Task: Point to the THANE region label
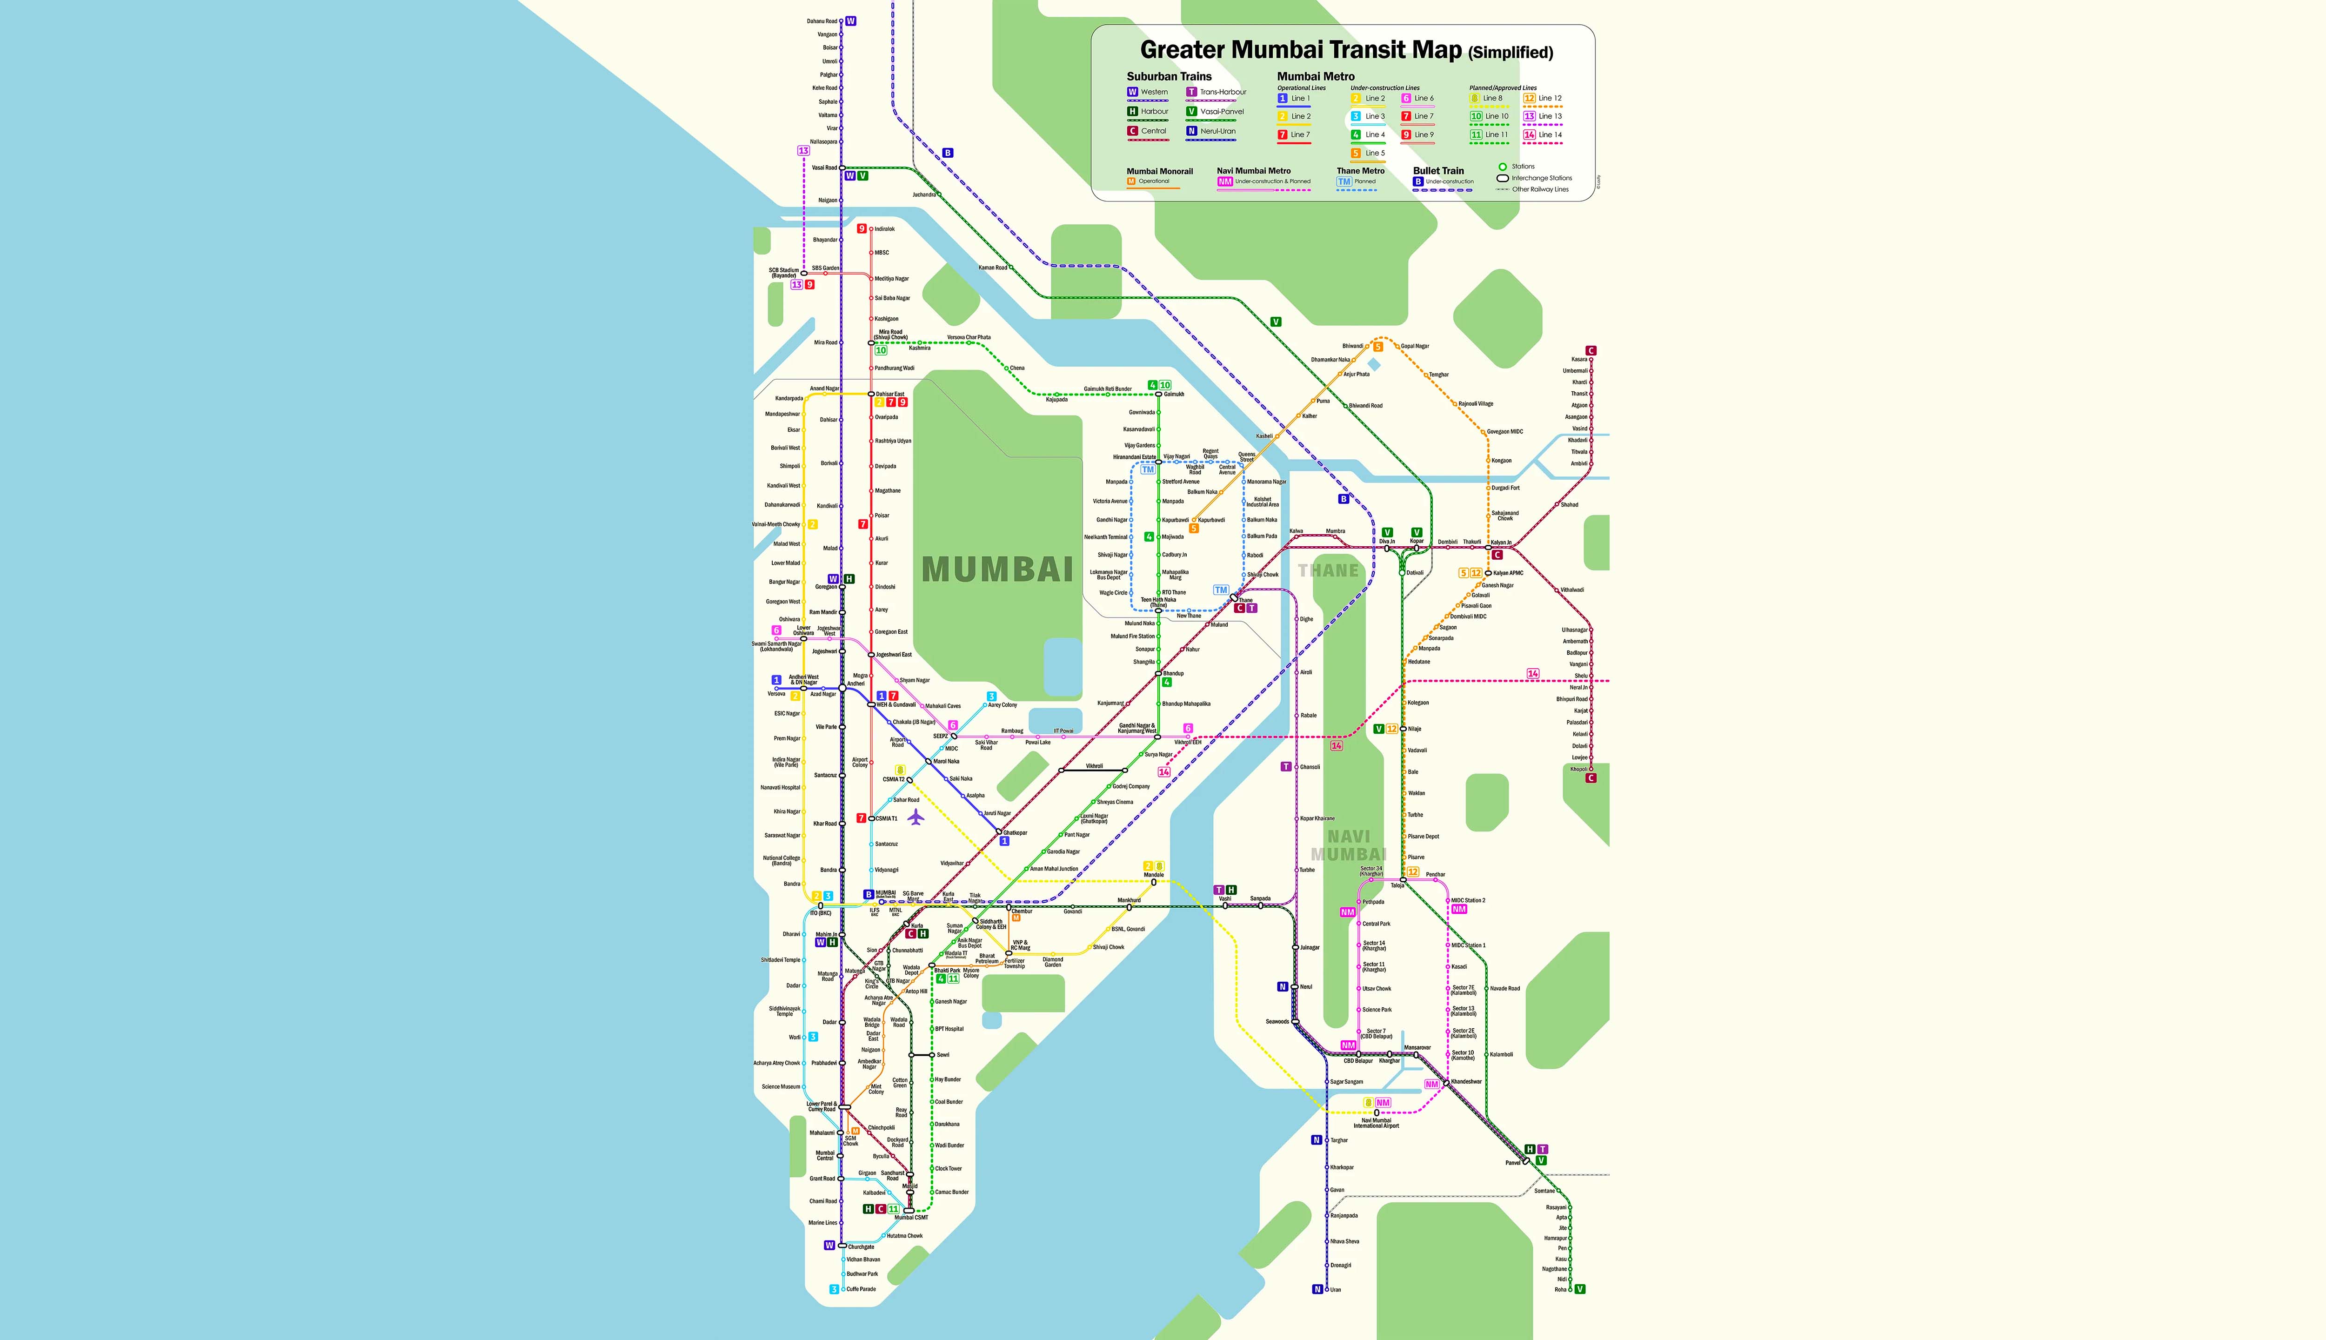point(1328,570)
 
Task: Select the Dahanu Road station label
point(822,21)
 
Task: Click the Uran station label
point(1335,1289)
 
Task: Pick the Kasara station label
point(1579,359)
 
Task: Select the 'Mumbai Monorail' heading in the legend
point(1159,171)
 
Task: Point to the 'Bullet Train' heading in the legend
point(1438,171)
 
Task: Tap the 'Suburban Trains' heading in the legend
point(1169,76)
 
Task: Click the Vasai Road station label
point(824,167)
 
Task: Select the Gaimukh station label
point(1174,394)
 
